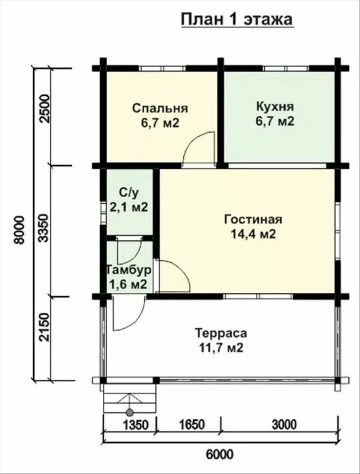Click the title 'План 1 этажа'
point(237,20)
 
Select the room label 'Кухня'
point(275,107)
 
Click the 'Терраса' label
point(221,334)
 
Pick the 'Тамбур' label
point(129,270)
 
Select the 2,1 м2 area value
point(129,207)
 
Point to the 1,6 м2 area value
point(128,285)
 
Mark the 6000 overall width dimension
point(219,454)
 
